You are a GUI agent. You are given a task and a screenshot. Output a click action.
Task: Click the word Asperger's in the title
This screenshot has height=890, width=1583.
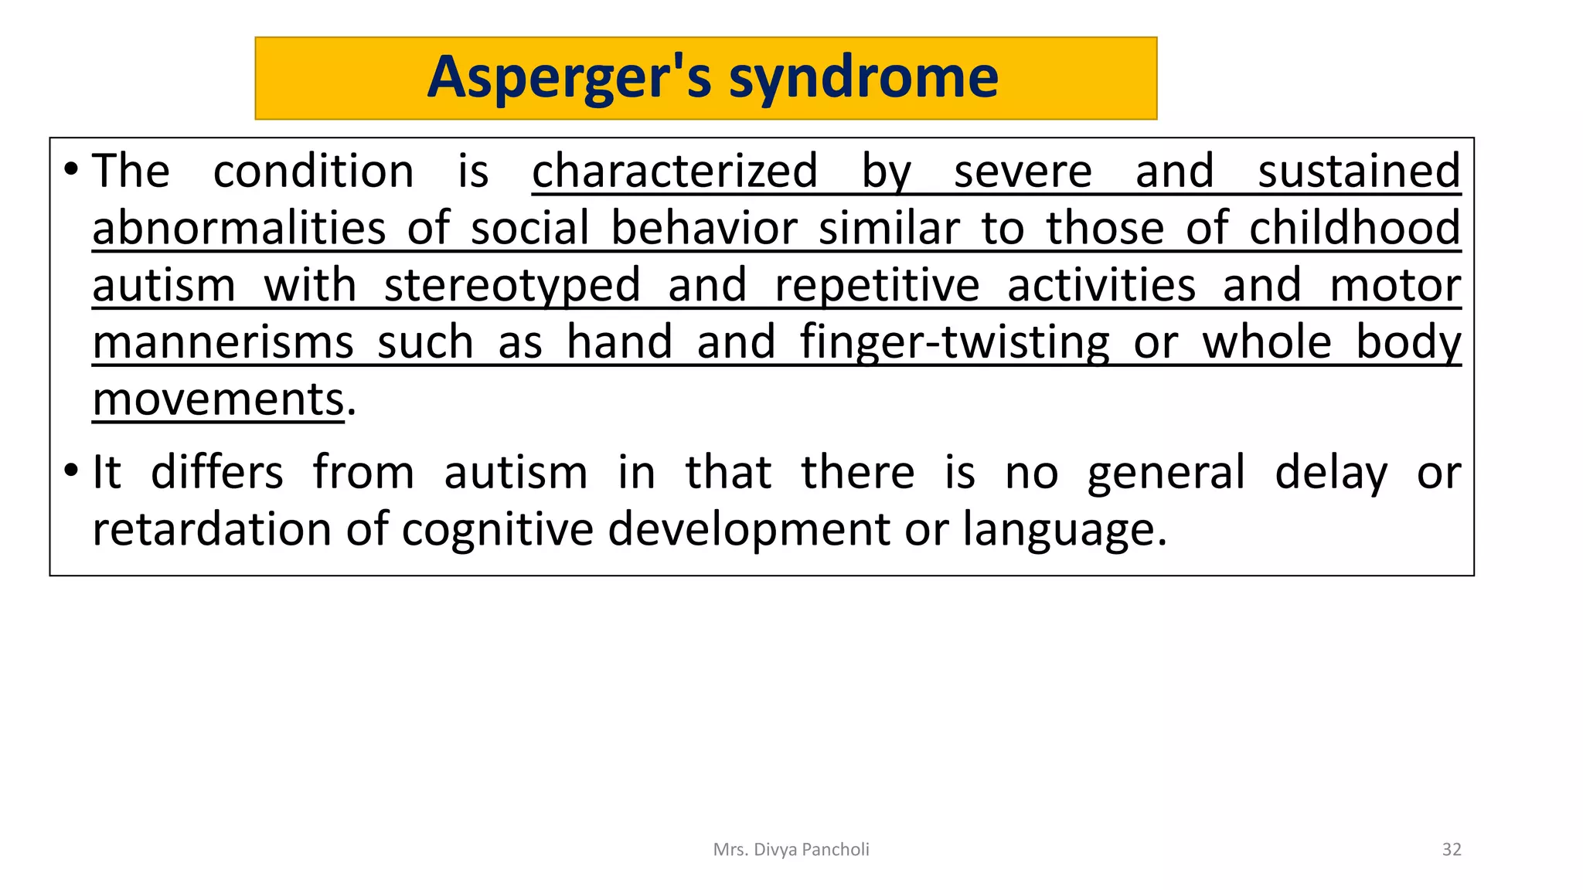569,78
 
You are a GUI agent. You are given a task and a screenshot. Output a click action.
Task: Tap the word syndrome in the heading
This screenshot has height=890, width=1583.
863,78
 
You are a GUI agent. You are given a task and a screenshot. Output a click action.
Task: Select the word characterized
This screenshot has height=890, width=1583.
675,171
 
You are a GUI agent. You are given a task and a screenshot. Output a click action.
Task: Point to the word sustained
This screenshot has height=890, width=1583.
1359,171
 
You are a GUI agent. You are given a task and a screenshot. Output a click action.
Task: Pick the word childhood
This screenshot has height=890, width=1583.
1354,229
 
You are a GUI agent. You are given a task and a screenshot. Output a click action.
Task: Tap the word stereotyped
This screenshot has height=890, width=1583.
512,286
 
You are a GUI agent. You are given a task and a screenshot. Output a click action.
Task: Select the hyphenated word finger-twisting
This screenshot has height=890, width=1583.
955,342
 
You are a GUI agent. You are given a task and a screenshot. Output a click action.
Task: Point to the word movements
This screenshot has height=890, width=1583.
218,399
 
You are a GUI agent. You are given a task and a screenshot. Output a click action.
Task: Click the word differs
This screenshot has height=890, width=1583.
217,472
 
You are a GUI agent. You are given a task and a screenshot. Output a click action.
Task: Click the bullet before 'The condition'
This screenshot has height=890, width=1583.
71,169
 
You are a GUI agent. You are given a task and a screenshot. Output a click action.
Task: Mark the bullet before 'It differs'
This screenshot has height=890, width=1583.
71,470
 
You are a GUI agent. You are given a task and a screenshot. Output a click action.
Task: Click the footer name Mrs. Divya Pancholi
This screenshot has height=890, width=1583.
791,850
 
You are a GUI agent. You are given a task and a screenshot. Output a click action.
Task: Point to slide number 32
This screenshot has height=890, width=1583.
1452,850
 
